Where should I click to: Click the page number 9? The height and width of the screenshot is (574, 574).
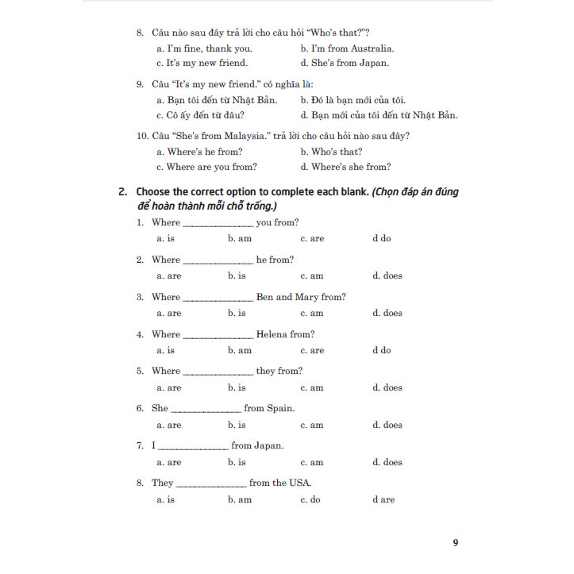click(x=456, y=543)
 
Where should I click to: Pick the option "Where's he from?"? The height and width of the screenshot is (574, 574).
click(x=199, y=152)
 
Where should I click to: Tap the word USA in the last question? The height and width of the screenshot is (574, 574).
click(x=299, y=483)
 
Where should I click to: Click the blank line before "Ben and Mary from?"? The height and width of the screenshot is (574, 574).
click(x=218, y=299)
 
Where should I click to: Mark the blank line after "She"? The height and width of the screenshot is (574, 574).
click(x=206, y=410)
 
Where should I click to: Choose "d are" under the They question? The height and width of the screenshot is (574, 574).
click(x=383, y=499)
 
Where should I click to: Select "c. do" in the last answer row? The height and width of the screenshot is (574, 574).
click(x=310, y=499)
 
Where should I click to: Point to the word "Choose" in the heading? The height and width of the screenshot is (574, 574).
click(x=156, y=191)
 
